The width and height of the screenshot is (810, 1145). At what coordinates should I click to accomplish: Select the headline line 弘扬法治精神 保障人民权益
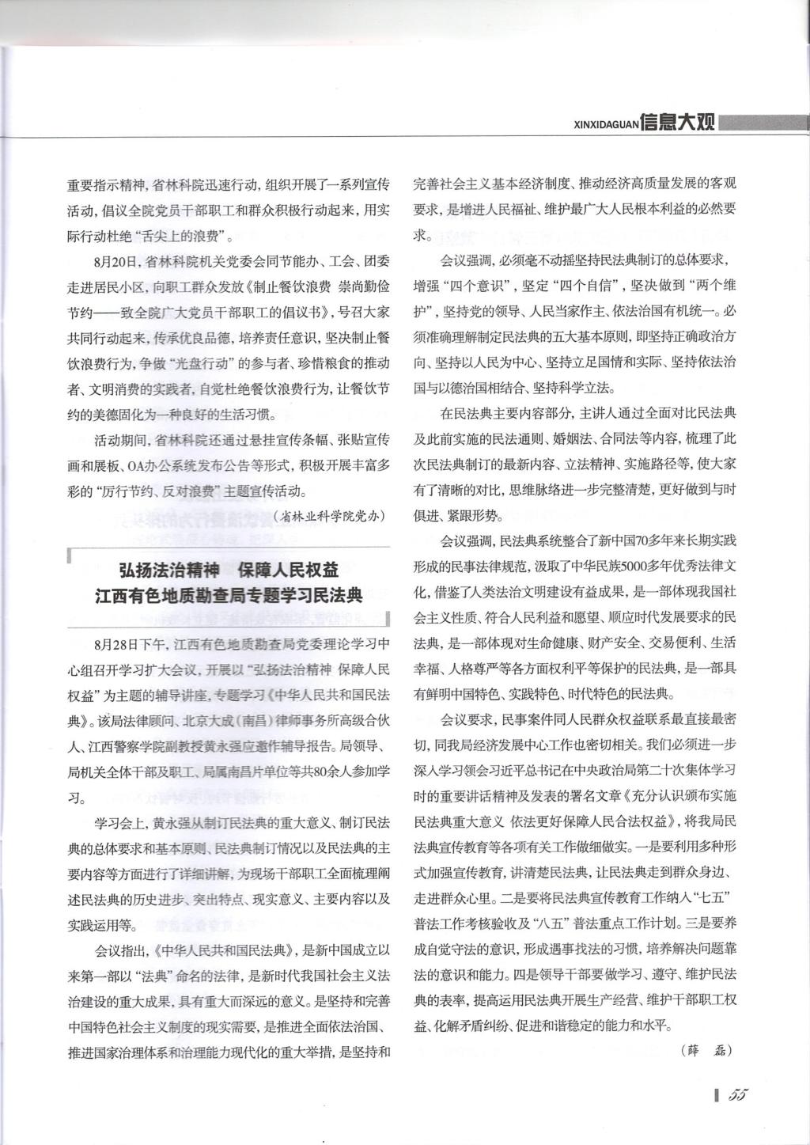pos(229,569)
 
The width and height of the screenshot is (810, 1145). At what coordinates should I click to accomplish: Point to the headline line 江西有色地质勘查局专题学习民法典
pos(229,594)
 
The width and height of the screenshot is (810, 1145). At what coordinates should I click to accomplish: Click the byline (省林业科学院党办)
pos(327,516)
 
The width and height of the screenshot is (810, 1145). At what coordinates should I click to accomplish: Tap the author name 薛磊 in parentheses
pos(706,1051)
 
